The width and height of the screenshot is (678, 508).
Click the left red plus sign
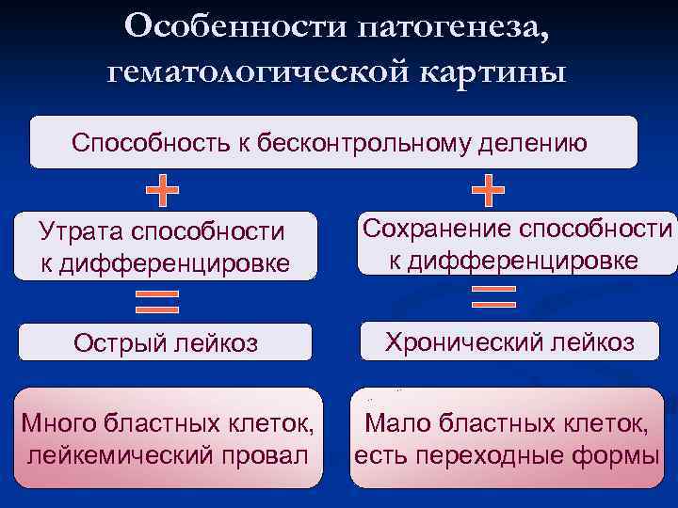pyautogui.click(x=163, y=191)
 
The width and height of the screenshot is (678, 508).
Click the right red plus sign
pyautogui.click(x=488, y=191)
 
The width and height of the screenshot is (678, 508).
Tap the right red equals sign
pyautogui.click(x=492, y=298)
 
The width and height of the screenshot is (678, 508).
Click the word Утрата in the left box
pyautogui.click(x=81, y=231)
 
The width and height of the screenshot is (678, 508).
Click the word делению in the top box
pyautogui.click(x=534, y=143)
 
